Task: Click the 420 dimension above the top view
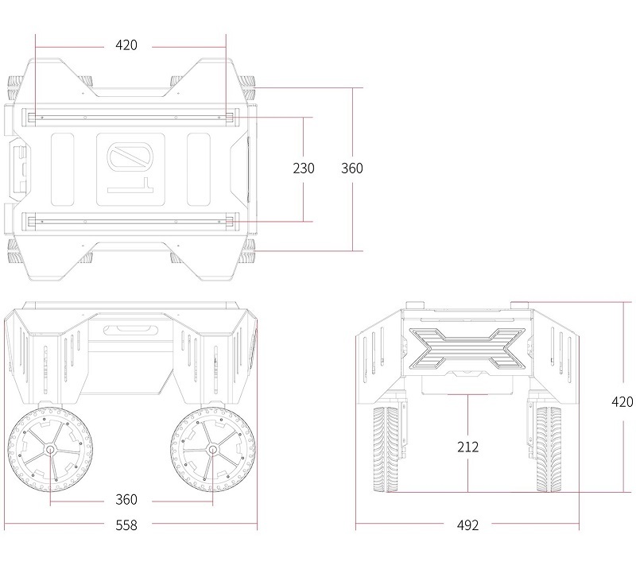tap(126, 45)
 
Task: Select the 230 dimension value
tap(304, 168)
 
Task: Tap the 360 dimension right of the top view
tap(351, 168)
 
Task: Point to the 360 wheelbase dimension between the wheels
tap(126, 500)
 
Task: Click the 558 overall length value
tap(126, 525)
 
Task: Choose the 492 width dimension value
tap(467, 525)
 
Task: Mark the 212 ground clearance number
tap(467, 447)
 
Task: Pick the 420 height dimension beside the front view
tap(622, 402)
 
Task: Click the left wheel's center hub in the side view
tap(50, 449)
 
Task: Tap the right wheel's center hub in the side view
tap(212, 449)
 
